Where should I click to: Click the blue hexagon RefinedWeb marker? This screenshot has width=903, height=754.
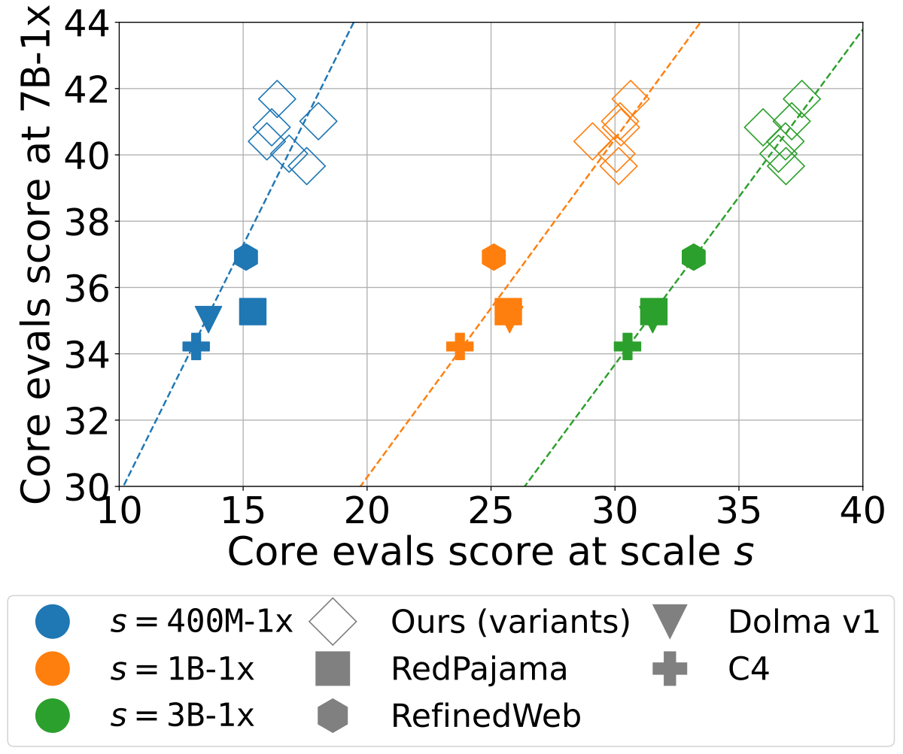[x=245, y=257]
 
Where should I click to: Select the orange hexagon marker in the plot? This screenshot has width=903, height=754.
[x=493, y=257]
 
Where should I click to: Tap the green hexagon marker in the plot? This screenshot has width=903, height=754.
[x=693, y=257]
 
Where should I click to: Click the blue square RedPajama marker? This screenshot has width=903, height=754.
[x=253, y=311]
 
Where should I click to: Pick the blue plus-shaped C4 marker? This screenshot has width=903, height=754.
[x=196, y=347]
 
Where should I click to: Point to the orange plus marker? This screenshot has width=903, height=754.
[x=460, y=347]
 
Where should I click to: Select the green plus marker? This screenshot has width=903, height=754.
[x=628, y=347]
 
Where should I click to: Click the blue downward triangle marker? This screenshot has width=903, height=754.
[x=208, y=318]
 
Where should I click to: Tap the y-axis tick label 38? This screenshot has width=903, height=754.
[x=86, y=222]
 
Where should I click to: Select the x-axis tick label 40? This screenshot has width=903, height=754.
[x=862, y=514]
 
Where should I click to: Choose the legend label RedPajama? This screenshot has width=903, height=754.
[x=479, y=669]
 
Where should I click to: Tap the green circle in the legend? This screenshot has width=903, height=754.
[x=53, y=716]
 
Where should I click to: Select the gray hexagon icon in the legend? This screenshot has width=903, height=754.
[x=333, y=716]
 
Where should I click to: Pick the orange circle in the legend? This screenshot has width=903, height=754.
[x=53, y=669]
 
